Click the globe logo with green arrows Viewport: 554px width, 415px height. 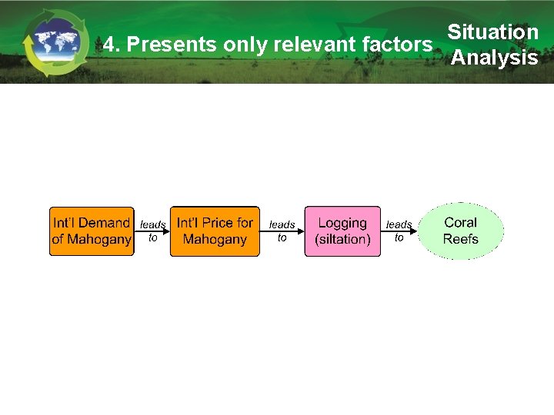point(50,43)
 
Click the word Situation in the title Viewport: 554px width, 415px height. point(492,32)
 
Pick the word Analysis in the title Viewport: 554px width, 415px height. point(494,58)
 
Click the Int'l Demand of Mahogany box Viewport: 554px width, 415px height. point(92,231)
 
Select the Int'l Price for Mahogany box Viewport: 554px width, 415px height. point(215,231)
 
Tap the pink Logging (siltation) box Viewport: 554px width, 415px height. point(342,231)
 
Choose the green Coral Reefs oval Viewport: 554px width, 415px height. point(461,231)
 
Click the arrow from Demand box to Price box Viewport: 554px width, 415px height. point(152,231)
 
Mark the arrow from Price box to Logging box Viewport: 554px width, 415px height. point(282,231)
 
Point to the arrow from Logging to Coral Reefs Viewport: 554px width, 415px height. point(399,231)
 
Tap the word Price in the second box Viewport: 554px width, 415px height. point(217,223)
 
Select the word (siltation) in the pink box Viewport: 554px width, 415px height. point(342,240)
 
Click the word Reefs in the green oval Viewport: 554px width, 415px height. point(461,239)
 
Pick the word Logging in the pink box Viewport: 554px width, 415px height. point(342,223)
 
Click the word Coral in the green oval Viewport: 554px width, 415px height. point(461,222)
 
